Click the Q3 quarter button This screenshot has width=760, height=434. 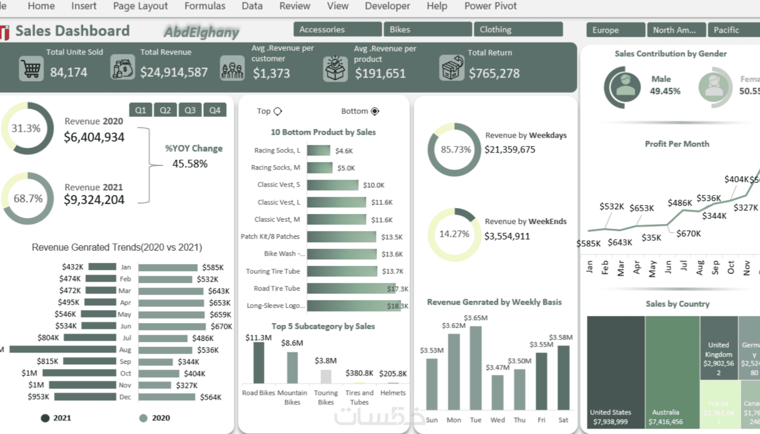pyautogui.click(x=190, y=110)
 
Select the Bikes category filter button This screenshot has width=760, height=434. pyautogui.click(x=427, y=30)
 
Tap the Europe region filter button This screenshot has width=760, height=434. pyautogui.click(x=616, y=30)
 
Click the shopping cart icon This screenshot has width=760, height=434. pyautogui.click(x=31, y=69)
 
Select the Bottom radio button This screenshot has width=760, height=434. pyautogui.click(x=375, y=111)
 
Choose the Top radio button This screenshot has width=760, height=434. pyautogui.click(x=278, y=111)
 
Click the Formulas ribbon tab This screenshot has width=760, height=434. pyautogui.click(x=205, y=6)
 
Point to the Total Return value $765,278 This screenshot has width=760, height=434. pyautogui.click(x=494, y=73)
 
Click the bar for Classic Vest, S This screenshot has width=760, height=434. pyautogui.click(x=333, y=185)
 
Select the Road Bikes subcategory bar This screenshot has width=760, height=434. pyautogui.click(x=258, y=362)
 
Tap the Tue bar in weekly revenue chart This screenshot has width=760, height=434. pyautogui.click(x=476, y=368)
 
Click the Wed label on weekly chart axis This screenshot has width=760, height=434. pyautogui.click(x=498, y=420)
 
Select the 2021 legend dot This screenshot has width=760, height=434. pyautogui.click(x=45, y=418)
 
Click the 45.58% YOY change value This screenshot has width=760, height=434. pyautogui.click(x=190, y=164)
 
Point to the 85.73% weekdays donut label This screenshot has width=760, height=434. pyautogui.click(x=456, y=149)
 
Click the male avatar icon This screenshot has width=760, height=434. pyautogui.click(x=625, y=87)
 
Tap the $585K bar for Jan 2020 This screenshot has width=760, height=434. pyautogui.click(x=168, y=268)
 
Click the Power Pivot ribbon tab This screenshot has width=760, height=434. pyautogui.click(x=490, y=6)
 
